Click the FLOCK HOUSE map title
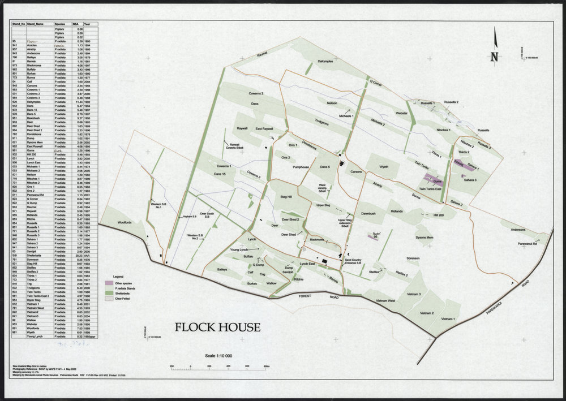coord(217,327)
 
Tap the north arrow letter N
coord(494,57)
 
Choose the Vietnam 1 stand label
coord(448,319)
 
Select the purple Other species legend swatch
coord(109,282)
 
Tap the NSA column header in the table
coord(75,25)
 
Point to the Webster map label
coord(402,113)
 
